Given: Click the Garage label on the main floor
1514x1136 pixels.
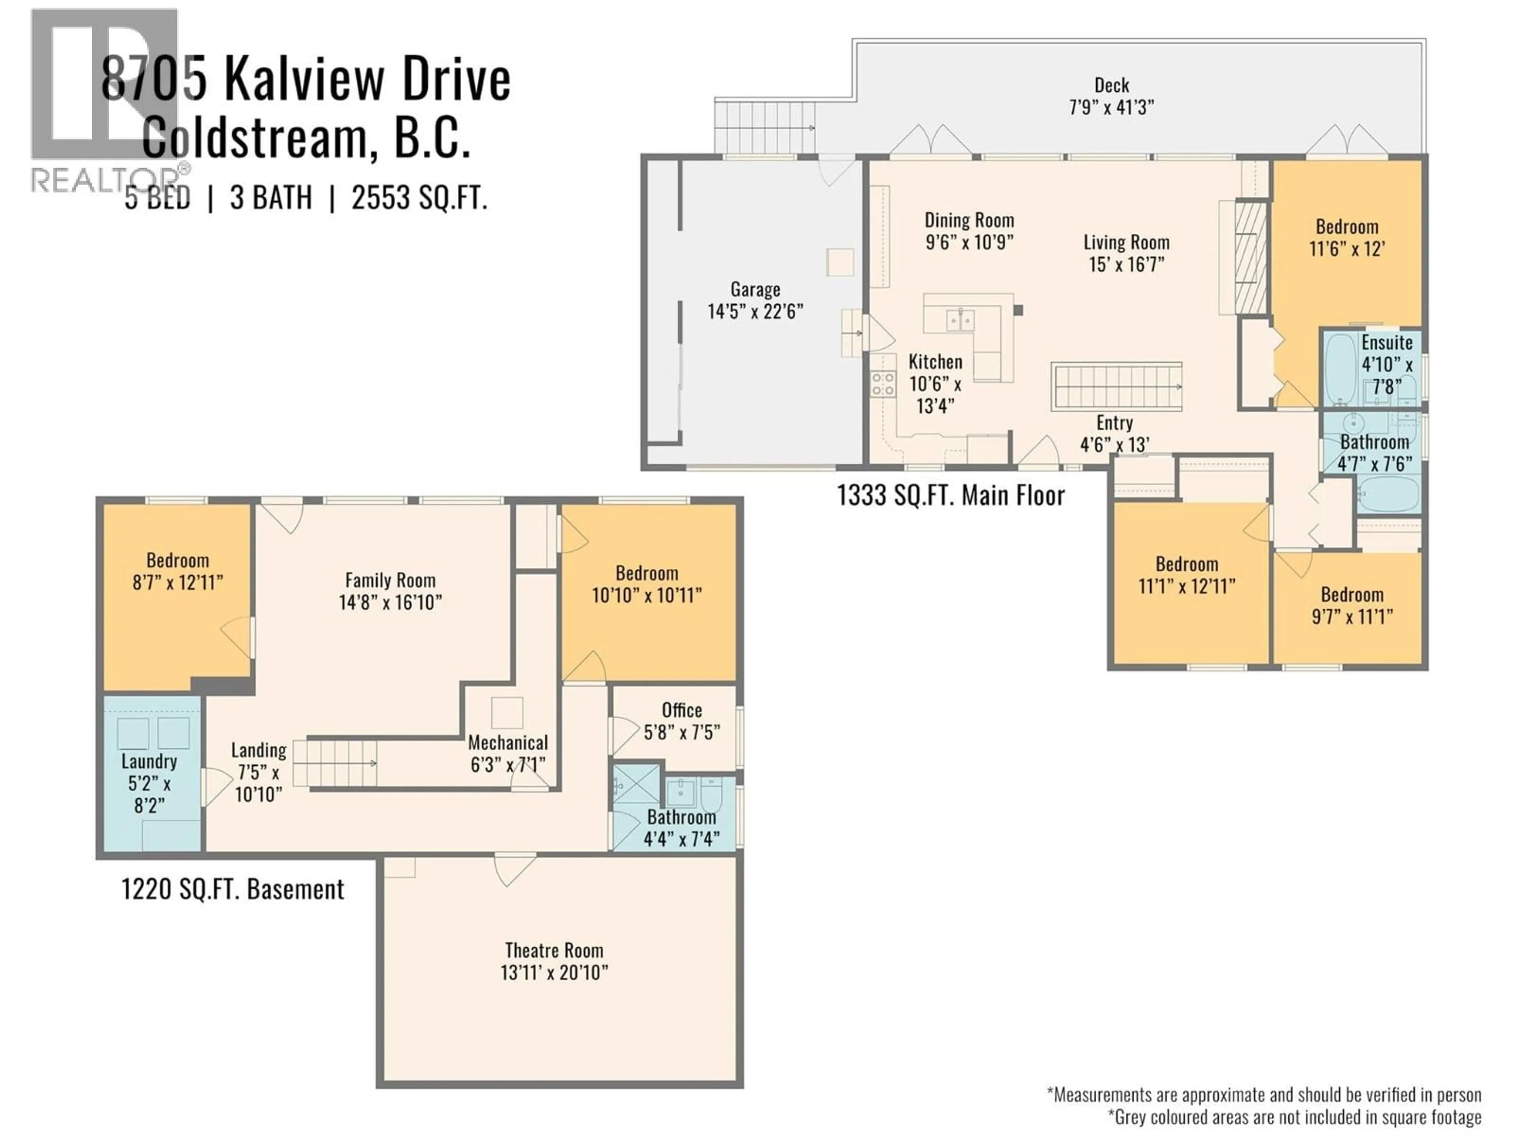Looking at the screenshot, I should (755, 290).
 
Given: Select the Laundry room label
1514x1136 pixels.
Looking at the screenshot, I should (149, 761).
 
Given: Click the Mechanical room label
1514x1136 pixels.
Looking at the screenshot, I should (508, 743).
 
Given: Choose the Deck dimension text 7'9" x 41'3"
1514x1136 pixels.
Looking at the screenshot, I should (1111, 108).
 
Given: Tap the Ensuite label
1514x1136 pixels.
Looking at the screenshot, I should (1387, 342).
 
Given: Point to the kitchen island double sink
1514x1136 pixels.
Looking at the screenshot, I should (961, 320).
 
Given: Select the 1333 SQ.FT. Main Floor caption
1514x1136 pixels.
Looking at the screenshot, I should (951, 495).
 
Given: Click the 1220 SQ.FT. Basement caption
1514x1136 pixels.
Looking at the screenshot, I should (233, 889).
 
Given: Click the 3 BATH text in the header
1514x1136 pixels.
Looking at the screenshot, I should (271, 198).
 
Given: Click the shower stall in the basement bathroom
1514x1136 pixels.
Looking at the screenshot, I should (636, 784).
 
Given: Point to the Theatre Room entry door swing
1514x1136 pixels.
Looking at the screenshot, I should (514, 868).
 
